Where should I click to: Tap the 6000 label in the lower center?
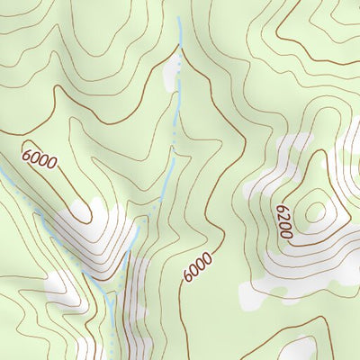point(197,267)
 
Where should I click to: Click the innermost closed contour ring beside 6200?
point(315,212)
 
